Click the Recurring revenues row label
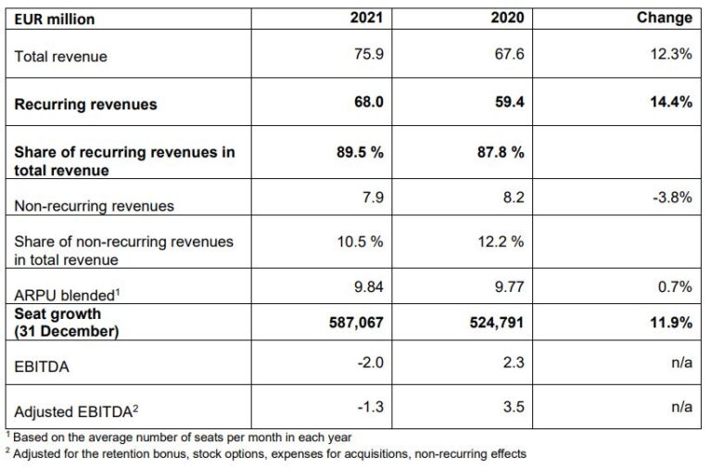point(85,105)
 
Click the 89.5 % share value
point(359,153)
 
